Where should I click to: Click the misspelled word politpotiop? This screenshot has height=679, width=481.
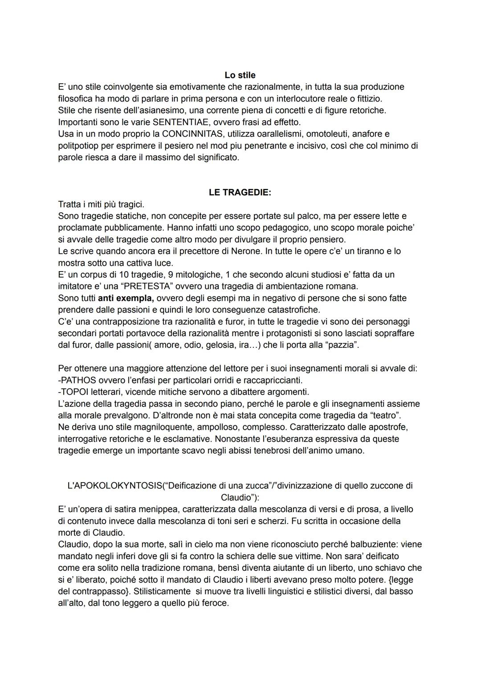coord(78,146)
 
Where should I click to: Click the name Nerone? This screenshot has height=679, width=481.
coord(246,251)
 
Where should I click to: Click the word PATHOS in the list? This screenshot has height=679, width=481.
coord(77,380)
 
